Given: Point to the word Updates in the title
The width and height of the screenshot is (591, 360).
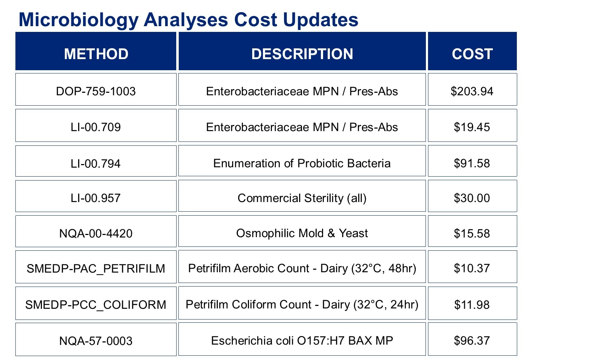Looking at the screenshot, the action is pyautogui.click(x=320, y=20).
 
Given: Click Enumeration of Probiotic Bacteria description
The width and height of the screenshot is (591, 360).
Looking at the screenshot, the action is pyautogui.click(x=302, y=163).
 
